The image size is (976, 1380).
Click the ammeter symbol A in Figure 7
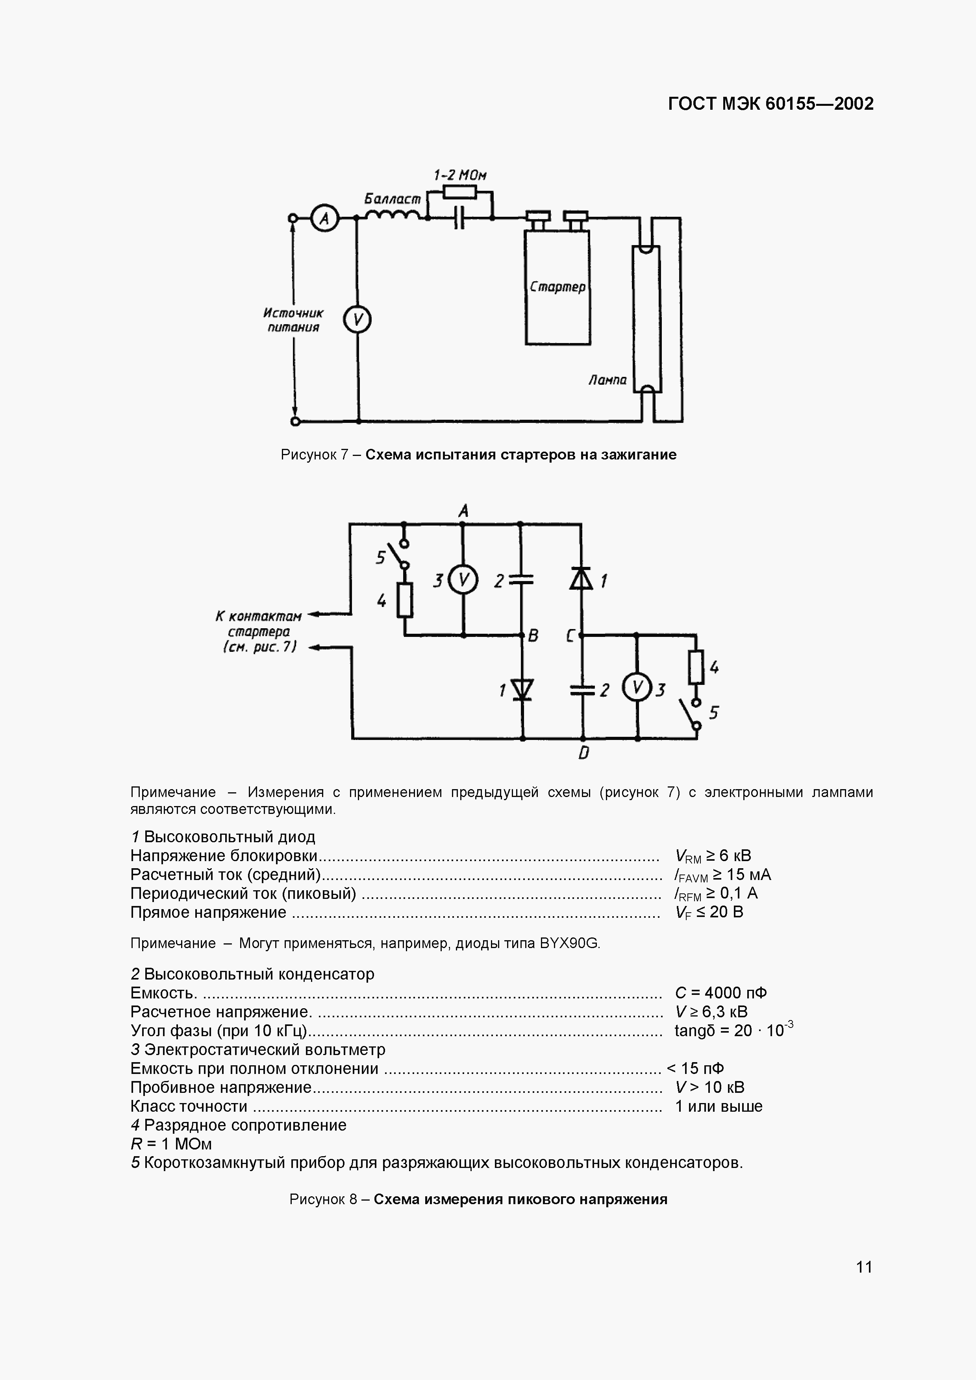pos(325,218)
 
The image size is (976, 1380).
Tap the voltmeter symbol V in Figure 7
pos(357,320)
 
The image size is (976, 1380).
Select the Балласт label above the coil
pos(393,198)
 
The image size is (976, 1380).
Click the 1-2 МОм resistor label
pos(460,175)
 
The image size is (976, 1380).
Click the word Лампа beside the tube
pos(607,380)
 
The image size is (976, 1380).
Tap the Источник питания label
pos(293,320)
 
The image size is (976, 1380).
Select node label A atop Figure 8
pos(463,511)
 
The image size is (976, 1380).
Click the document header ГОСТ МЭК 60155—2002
pos(770,104)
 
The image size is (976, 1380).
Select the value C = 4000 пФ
pos(720,993)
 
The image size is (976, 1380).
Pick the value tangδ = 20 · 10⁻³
pos(733,1030)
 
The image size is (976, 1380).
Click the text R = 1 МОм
pos(171,1144)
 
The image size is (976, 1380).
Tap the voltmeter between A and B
pos(464,580)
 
